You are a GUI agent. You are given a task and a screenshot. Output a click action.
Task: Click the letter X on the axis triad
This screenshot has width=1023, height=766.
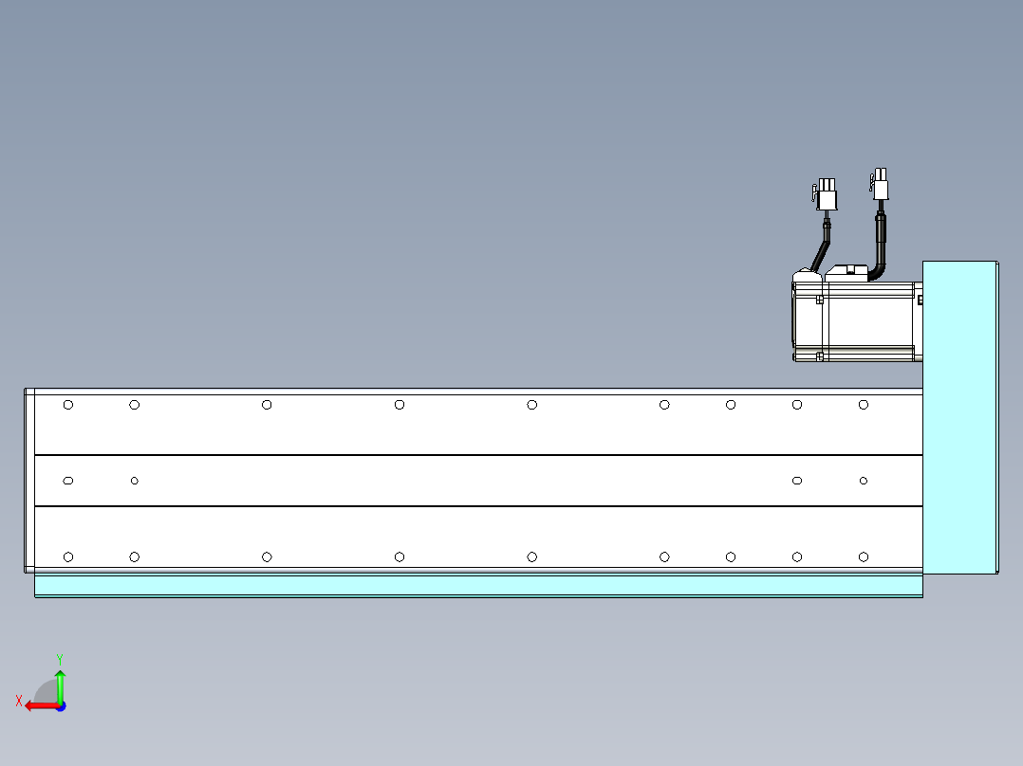[19, 701]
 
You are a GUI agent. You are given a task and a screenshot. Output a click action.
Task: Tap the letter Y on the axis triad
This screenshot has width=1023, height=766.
[60, 659]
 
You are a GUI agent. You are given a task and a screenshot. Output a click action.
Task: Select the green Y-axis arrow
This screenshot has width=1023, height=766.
[60, 686]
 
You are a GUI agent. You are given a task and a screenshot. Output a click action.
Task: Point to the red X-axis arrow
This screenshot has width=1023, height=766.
[42, 706]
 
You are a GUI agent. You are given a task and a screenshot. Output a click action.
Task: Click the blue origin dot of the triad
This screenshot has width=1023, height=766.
[62, 706]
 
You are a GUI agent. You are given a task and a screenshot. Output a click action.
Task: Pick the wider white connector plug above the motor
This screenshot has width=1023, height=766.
[826, 194]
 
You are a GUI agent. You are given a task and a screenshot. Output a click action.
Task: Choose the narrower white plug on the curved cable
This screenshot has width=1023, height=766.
[880, 184]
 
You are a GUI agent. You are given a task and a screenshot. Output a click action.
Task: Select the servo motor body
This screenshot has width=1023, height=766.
[857, 320]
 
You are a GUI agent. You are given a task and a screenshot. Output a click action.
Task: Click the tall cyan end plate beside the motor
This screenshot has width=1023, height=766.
[959, 417]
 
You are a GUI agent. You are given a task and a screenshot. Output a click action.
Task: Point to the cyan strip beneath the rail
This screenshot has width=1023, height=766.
[478, 586]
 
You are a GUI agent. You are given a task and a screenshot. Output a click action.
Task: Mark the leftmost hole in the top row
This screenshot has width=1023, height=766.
[68, 405]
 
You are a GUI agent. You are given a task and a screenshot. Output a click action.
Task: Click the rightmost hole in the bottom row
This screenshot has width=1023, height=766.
[864, 556]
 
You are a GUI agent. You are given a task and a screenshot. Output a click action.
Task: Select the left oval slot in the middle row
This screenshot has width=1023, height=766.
[68, 481]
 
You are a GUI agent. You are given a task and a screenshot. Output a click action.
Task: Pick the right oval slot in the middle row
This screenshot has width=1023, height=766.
[796, 481]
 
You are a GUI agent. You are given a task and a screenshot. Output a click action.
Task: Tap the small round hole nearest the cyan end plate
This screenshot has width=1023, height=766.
[864, 481]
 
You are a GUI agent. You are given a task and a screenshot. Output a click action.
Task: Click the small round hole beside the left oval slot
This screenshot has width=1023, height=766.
[135, 481]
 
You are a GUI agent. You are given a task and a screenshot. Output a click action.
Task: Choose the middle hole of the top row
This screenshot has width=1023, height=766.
[531, 405]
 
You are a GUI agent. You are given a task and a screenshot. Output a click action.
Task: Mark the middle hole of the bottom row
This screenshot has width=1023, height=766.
[531, 556]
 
